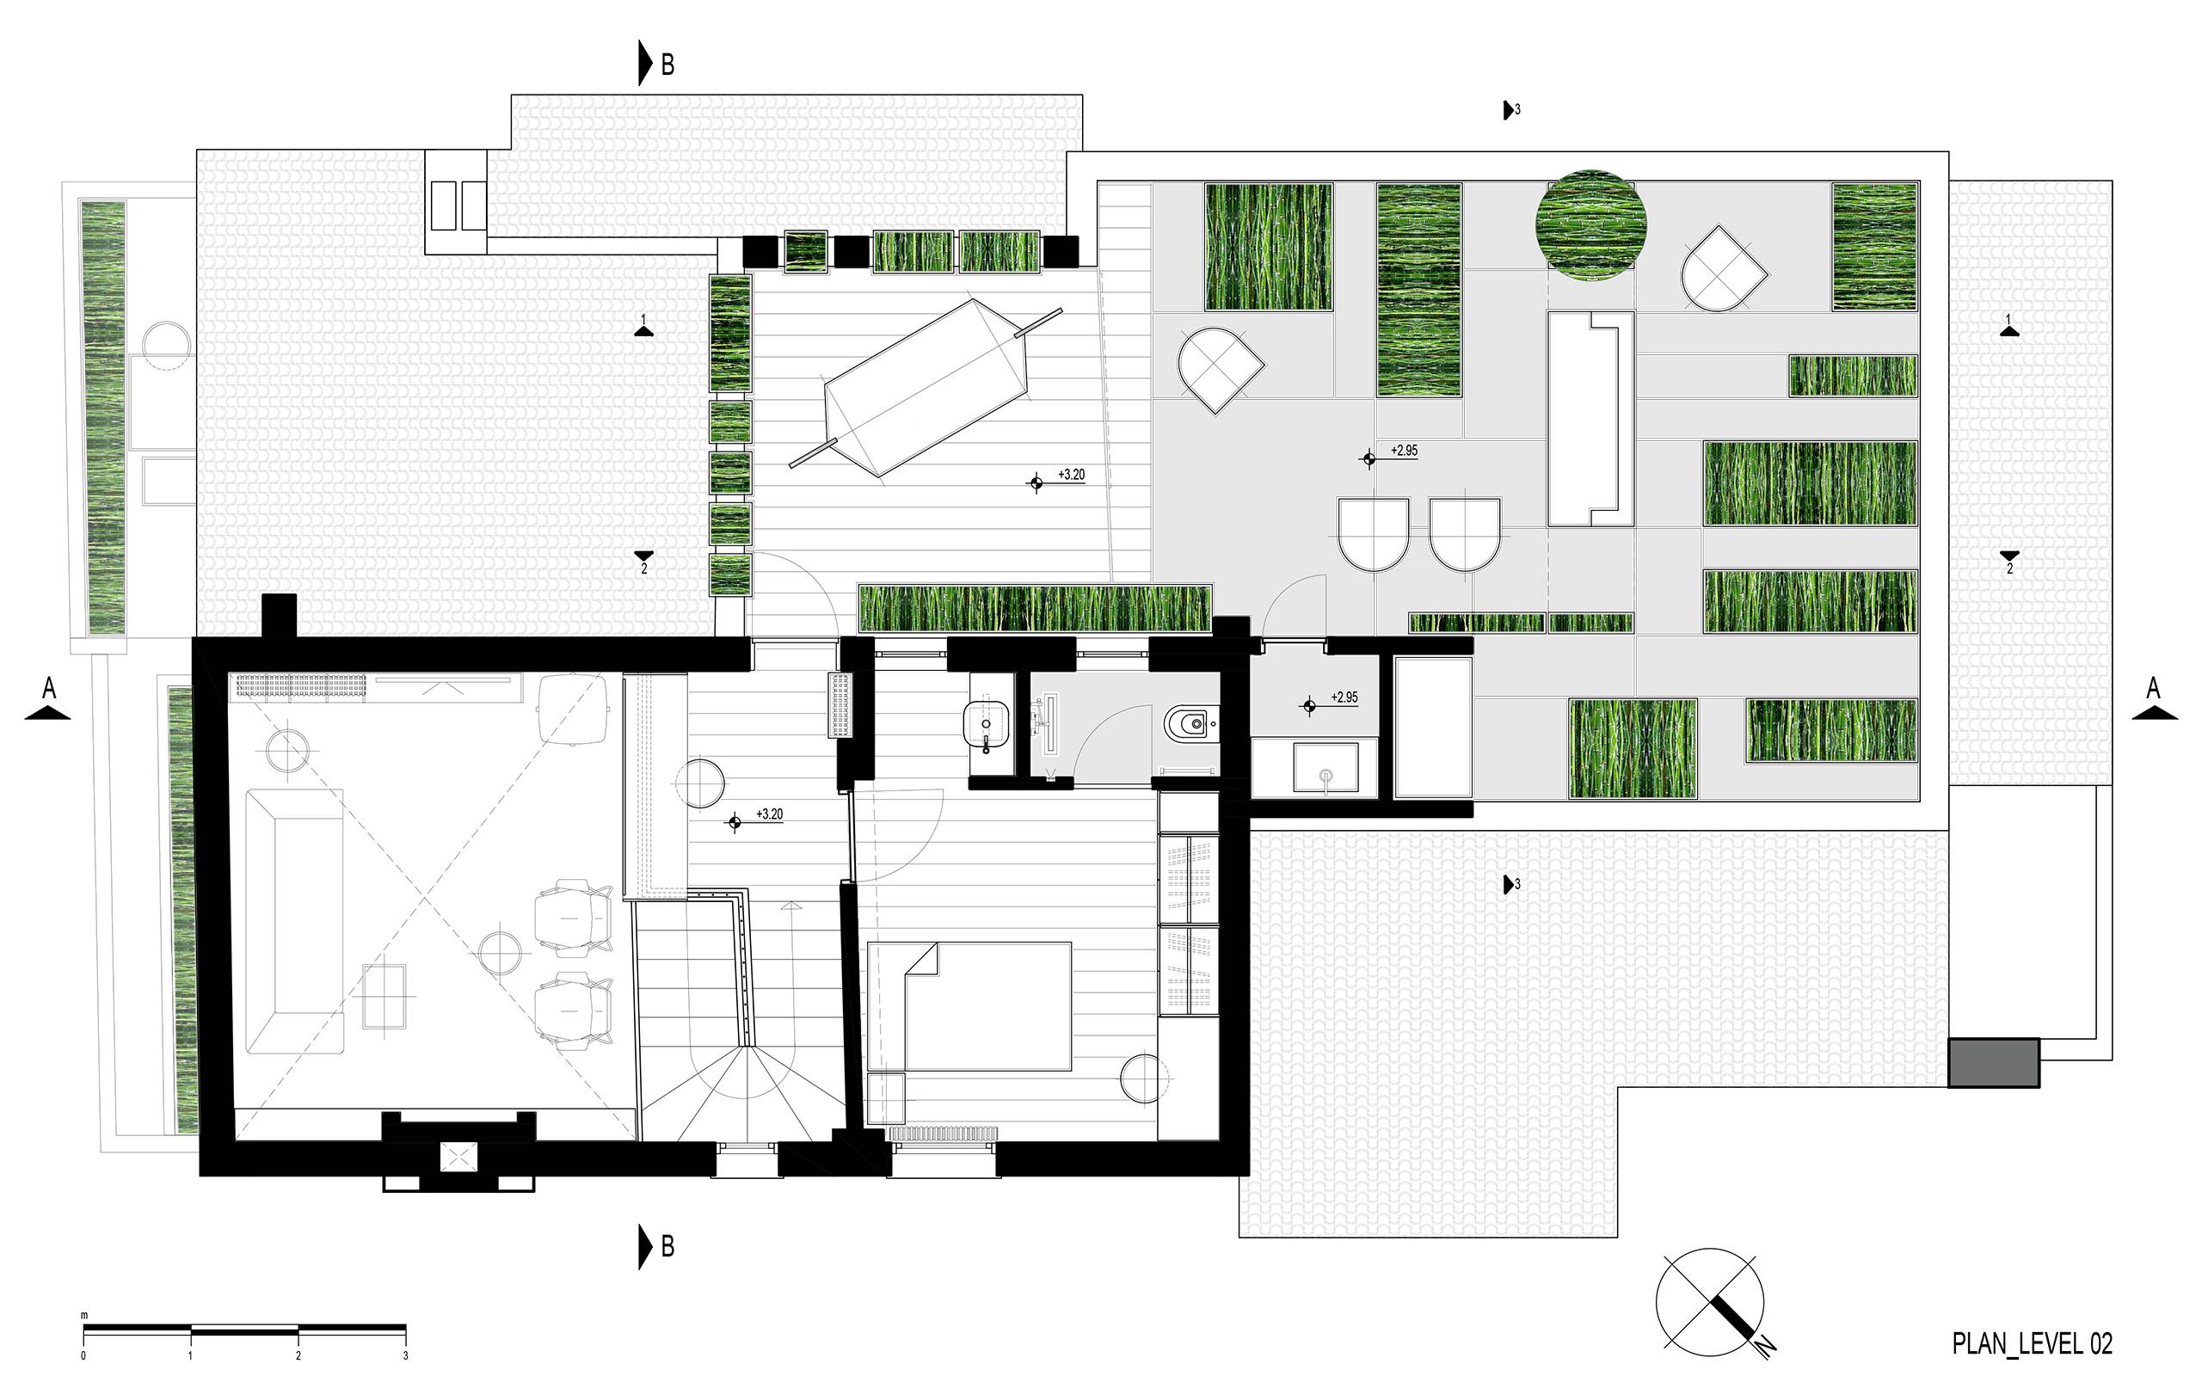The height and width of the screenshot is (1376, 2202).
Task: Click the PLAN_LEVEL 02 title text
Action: point(2032,1342)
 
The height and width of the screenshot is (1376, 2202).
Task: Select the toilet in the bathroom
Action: point(1190,724)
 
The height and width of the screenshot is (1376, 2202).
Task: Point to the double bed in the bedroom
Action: point(969,1005)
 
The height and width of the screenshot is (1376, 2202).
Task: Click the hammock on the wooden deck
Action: point(926,388)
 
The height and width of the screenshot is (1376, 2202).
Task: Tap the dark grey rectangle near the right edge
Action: point(1993,1062)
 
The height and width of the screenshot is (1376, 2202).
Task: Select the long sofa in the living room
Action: point(295,921)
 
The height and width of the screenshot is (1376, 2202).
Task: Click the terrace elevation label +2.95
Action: point(1404,451)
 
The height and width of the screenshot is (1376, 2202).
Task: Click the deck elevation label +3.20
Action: point(1071,475)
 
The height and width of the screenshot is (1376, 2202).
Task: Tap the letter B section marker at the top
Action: point(667,64)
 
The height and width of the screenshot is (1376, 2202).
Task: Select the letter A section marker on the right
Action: point(2152,688)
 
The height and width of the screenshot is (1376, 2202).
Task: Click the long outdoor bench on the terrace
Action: point(1590,419)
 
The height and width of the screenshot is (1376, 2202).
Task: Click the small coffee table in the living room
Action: point(384,996)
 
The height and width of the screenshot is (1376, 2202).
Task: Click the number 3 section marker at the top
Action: point(1511,110)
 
